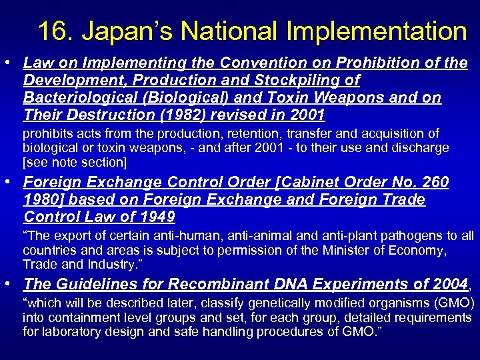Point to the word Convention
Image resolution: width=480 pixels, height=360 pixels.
(x=240, y=63)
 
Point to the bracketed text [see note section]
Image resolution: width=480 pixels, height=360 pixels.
(x=74, y=161)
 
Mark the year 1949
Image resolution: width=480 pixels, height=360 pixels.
(x=156, y=217)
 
